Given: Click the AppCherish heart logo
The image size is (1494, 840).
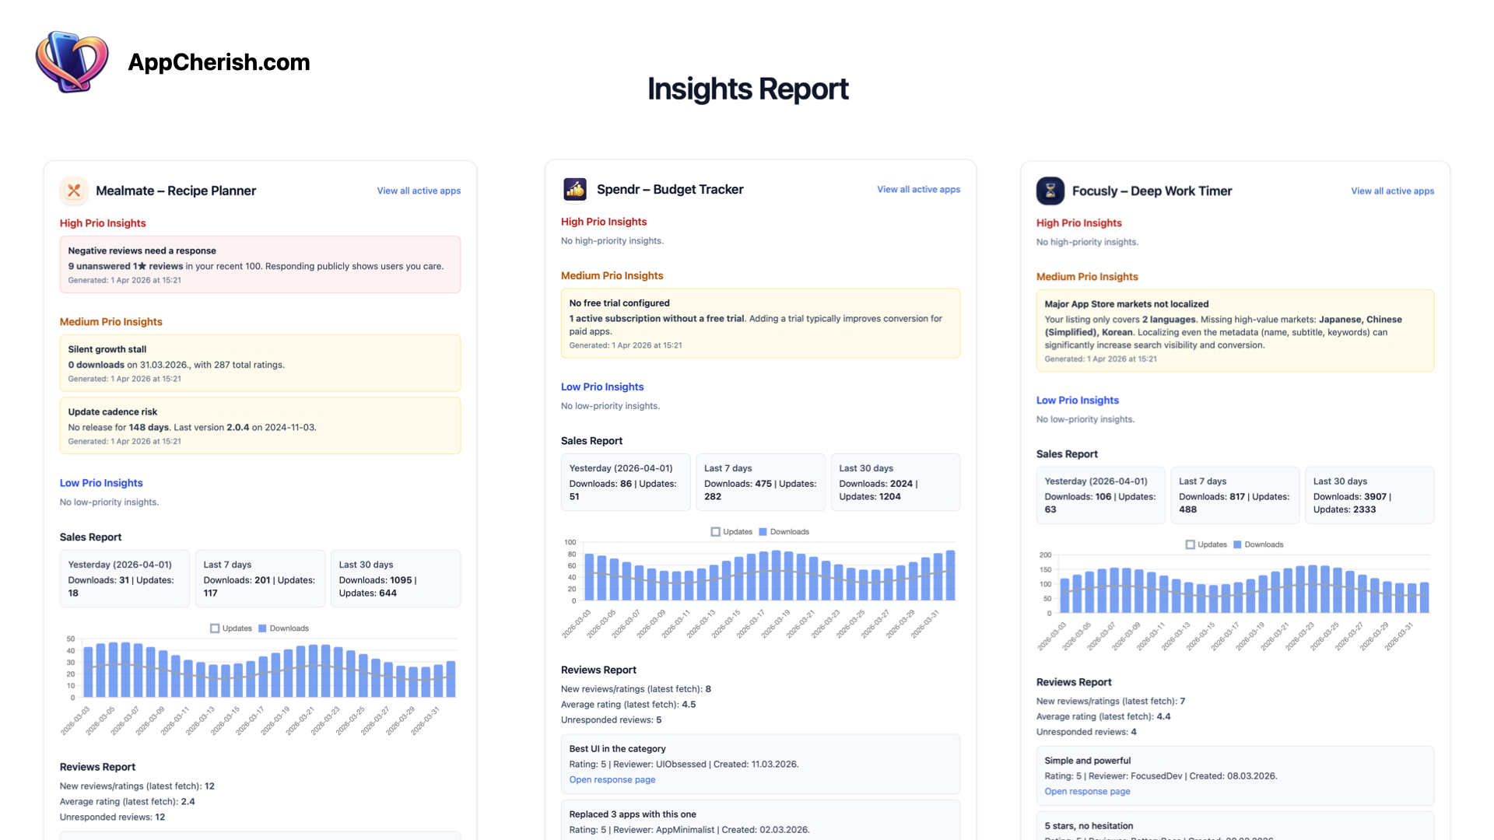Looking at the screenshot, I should coord(72,61).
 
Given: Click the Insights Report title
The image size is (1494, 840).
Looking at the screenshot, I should coord(747,89).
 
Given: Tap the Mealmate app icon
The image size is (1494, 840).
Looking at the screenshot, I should coord(74,191).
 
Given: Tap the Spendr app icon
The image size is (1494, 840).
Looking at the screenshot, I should coord(575,189).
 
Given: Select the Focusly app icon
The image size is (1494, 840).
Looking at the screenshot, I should coord(1050,191).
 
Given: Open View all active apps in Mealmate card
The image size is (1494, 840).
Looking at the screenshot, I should coord(419,191).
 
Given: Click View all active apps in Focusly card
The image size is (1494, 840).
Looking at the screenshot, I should coord(1392,191).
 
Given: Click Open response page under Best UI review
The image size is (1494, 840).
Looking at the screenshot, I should coord(612,779).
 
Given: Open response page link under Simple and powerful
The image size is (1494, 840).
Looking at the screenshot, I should coord(1087,791).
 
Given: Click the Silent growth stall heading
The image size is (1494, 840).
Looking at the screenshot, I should coord(107,349).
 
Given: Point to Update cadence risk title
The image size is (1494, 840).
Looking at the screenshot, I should coord(113,411).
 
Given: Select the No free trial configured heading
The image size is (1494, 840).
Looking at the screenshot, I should coord(619,303).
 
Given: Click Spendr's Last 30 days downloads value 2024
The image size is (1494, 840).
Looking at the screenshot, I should coord(901,484).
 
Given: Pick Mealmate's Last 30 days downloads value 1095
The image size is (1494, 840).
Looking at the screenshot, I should coord(401,580).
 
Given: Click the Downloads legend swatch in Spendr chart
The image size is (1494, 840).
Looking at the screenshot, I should coord(763,532).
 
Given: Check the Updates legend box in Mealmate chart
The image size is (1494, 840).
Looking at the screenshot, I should coord(215,628).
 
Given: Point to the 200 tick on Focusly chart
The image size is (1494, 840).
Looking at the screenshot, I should coord(1045,555).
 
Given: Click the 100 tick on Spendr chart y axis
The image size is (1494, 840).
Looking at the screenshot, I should coord(570,542).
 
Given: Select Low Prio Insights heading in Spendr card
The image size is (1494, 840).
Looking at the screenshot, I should coord(602,387).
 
